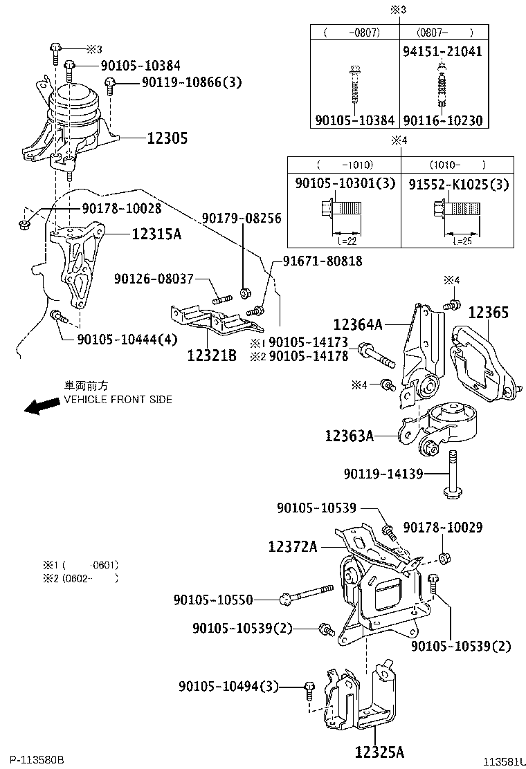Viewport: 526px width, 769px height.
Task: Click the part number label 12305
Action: click(167, 138)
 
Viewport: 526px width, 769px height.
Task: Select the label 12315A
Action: click(156, 234)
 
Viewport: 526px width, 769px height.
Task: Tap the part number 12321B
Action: click(212, 355)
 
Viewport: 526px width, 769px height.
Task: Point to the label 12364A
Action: click(358, 323)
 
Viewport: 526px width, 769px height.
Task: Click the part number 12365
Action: click(488, 313)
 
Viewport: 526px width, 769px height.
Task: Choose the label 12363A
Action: click(350, 436)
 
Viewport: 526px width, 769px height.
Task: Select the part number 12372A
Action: click(293, 546)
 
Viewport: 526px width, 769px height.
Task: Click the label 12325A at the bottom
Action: click(379, 751)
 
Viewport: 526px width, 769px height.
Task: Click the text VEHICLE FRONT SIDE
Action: click(118, 400)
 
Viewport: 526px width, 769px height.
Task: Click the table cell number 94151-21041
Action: click(442, 51)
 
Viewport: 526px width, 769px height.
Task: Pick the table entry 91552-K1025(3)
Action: click(458, 185)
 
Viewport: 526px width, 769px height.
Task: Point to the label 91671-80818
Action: click(322, 261)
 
